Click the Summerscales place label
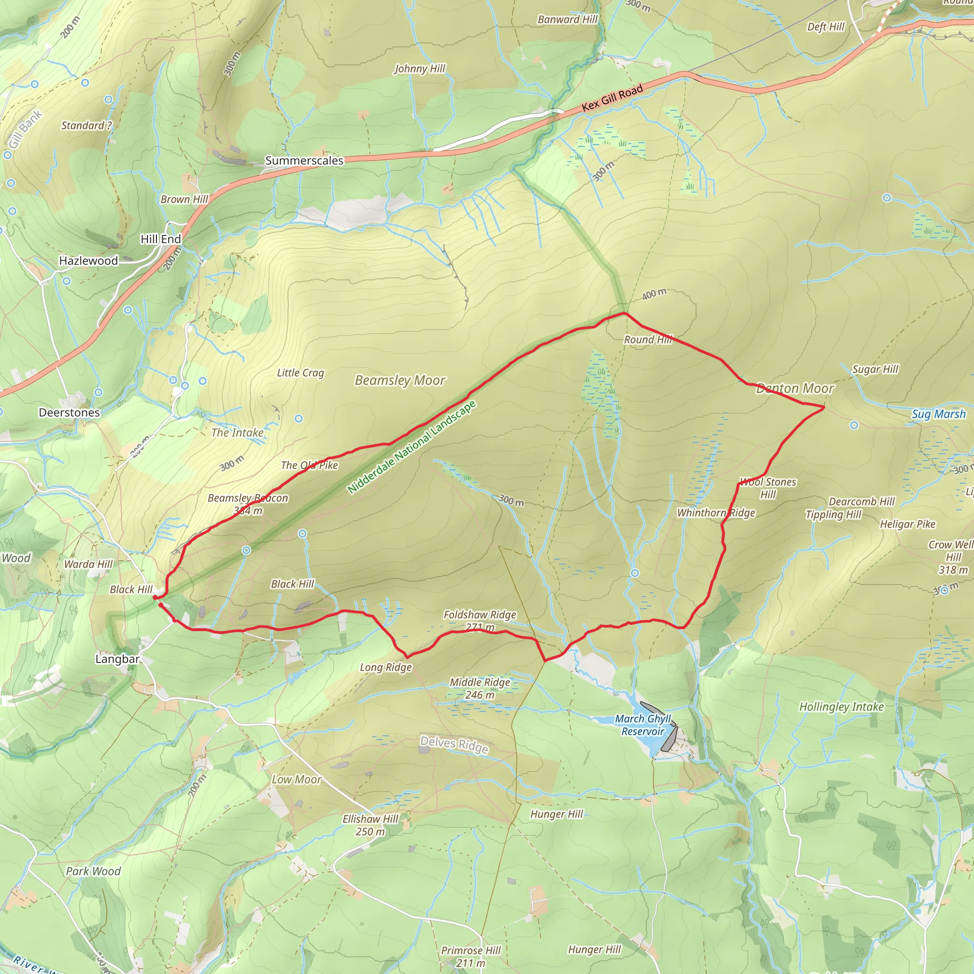(304, 160)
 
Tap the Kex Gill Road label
(612, 98)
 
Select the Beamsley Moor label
(400, 380)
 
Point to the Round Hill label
(648, 339)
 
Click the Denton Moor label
(795, 388)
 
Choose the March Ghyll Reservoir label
(643, 725)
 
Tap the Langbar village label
(117, 659)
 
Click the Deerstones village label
(69, 412)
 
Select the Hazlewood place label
(88, 261)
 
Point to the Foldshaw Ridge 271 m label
(479, 621)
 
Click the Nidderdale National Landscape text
(411, 447)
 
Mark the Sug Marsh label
(939, 414)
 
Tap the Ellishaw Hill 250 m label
(370, 825)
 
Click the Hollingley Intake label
(841, 707)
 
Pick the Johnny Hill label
(419, 68)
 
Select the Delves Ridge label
(454, 744)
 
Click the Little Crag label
(301, 372)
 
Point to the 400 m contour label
(654, 294)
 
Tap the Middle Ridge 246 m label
(479, 688)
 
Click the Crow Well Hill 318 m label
(952, 557)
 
